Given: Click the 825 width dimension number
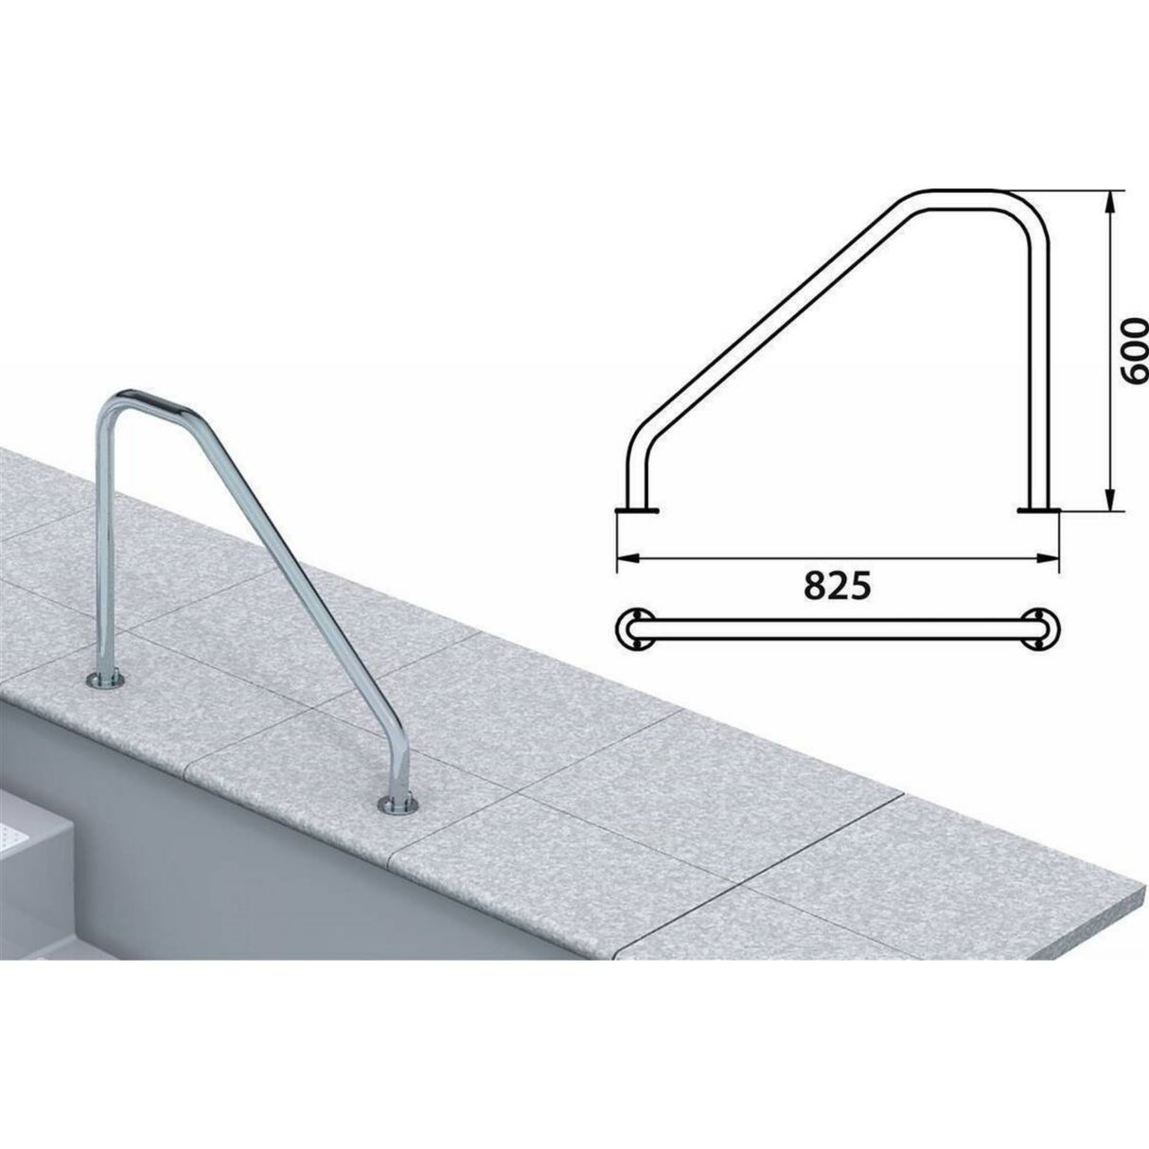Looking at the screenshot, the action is [838, 587].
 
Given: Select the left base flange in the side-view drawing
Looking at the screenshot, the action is [637, 494].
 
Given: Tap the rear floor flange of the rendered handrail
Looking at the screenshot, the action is [105, 680].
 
